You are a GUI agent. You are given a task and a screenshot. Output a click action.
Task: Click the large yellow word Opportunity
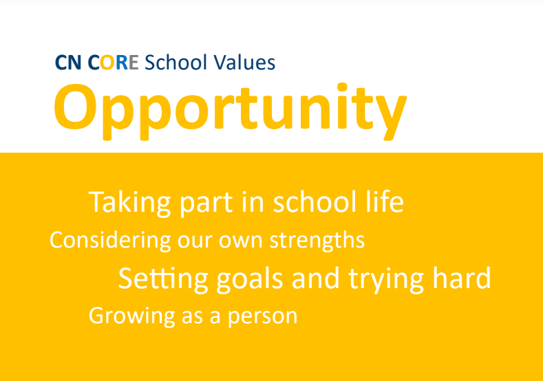pyautogui.click(x=231, y=111)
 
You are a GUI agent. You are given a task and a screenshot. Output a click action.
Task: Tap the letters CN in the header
pyautogui.click(x=69, y=63)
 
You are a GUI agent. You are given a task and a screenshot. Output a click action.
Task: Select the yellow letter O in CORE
pyautogui.click(x=107, y=63)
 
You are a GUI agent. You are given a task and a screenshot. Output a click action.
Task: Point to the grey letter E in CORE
pyautogui.click(x=134, y=63)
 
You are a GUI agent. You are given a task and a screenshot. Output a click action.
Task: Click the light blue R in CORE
pyautogui.click(x=122, y=63)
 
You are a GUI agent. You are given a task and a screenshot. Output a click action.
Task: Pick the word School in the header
pyautogui.click(x=176, y=63)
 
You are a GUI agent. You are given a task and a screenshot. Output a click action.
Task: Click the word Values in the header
pyautogui.click(x=244, y=63)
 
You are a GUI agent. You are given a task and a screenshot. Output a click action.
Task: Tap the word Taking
pyautogui.click(x=130, y=203)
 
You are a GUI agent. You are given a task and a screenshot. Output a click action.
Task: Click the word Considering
pyautogui.click(x=110, y=241)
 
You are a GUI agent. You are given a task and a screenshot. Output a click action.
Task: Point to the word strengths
pyautogui.click(x=317, y=241)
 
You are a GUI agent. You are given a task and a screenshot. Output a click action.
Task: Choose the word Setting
pyautogui.click(x=163, y=279)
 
